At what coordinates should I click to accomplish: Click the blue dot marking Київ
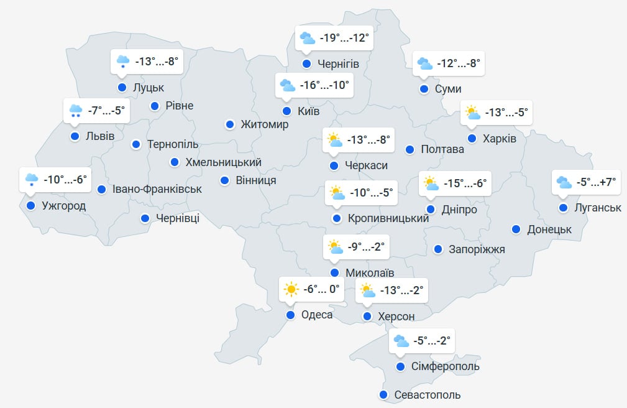tap(286, 111)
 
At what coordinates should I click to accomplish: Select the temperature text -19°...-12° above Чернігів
tap(344, 39)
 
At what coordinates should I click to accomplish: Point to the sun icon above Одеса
tap(290, 289)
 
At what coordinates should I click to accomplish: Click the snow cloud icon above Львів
tap(76, 111)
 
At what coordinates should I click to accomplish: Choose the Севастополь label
tap(428, 395)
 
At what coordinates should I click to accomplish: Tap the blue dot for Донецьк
tap(516, 229)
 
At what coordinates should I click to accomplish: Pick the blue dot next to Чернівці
tap(145, 218)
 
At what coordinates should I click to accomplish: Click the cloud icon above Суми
tap(424, 63)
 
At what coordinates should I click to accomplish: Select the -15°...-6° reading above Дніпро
tap(463, 183)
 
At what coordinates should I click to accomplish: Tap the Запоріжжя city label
tap(477, 249)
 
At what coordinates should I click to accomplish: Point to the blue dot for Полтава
tap(410, 149)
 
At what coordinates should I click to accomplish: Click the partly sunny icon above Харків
tap(473, 113)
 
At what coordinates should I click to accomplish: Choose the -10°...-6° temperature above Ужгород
tap(65, 180)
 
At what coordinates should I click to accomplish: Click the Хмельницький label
tap(224, 162)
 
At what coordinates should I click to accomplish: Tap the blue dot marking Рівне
tap(155, 106)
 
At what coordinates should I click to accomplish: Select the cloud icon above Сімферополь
tap(401, 341)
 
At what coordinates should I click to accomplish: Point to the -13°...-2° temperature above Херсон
tap(401, 290)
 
